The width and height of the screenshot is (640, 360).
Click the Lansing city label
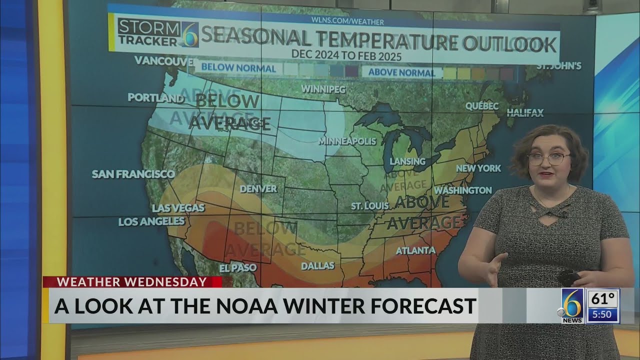point(407,161)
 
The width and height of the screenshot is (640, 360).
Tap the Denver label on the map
point(258,188)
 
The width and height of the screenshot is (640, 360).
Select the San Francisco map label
point(133,174)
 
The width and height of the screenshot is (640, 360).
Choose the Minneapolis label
point(347,141)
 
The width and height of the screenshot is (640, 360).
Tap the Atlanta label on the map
point(415,250)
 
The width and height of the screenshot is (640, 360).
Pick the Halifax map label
point(525,112)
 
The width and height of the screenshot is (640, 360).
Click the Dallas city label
point(317,265)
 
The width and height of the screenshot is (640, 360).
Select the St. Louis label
point(369,206)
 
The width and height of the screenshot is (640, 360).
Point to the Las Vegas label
point(178,207)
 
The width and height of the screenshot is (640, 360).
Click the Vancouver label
point(163,60)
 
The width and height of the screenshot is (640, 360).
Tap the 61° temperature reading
point(602,299)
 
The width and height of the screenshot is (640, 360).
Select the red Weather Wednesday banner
point(132,282)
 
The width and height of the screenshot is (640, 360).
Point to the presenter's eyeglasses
point(548,159)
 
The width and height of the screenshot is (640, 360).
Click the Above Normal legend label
point(401,72)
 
